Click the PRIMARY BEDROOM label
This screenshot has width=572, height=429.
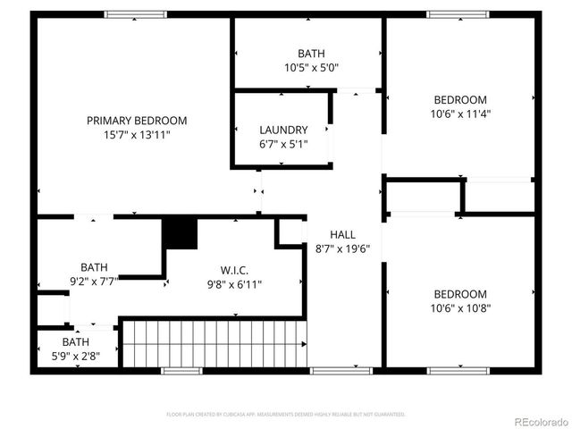click(x=137, y=121)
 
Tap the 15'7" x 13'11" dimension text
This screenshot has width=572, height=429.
click(x=137, y=135)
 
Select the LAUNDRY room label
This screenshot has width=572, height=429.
click(x=283, y=130)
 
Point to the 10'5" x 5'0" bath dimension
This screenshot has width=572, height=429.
click(x=311, y=68)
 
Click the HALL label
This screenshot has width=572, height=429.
click(x=342, y=235)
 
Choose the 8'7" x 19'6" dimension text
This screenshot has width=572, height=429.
click(x=342, y=249)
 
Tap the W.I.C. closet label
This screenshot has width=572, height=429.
click(x=234, y=270)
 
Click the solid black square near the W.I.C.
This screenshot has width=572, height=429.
click(x=180, y=234)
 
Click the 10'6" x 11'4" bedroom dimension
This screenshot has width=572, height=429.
click(x=460, y=114)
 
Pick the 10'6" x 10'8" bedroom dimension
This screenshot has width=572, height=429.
click(x=460, y=308)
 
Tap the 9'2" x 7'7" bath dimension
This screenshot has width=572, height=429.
click(x=94, y=281)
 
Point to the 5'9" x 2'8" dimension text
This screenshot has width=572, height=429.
click(x=75, y=356)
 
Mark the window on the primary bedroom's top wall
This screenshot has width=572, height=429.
click(x=135, y=14)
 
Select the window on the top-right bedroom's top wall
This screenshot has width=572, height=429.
click(x=458, y=14)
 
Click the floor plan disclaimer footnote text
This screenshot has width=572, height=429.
click(x=286, y=415)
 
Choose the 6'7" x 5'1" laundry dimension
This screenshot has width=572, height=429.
click(x=283, y=144)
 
